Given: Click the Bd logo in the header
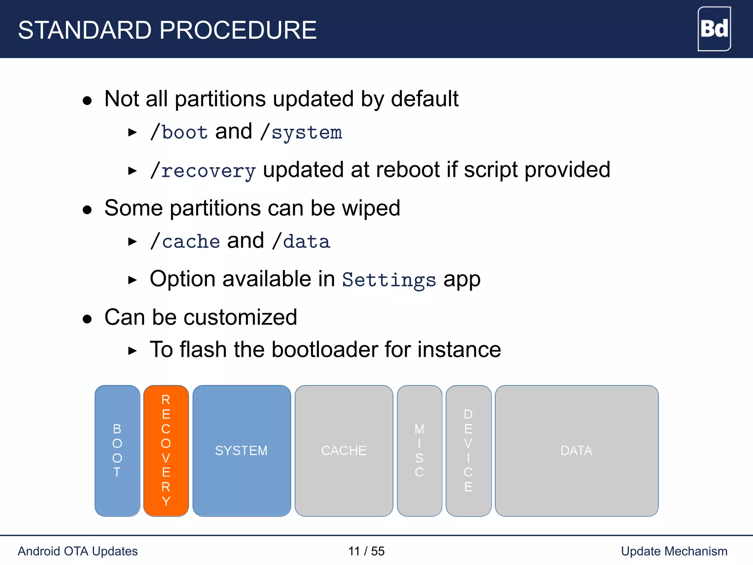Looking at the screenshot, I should tap(714, 29).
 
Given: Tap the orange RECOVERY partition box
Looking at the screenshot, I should tap(166, 451).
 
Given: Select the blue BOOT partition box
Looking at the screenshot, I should tap(117, 451).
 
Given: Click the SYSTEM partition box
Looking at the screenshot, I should tap(242, 451).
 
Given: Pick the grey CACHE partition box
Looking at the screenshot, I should tap(344, 451).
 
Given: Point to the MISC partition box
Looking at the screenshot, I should tap(419, 451).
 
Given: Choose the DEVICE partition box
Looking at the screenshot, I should tap(468, 451).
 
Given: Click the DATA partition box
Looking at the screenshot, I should tap(576, 451).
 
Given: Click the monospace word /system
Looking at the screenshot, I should tap(301, 133).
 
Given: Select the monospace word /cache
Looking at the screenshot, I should tap(185, 242).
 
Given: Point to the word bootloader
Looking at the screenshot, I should tap(325, 349).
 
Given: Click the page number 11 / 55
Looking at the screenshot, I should tap(366, 551).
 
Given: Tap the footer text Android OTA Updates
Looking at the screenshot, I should tap(78, 551).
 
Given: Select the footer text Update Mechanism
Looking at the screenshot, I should tap(674, 551).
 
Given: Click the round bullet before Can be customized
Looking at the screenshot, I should tap(87, 319).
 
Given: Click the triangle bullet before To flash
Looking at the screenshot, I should tap(132, 351).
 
